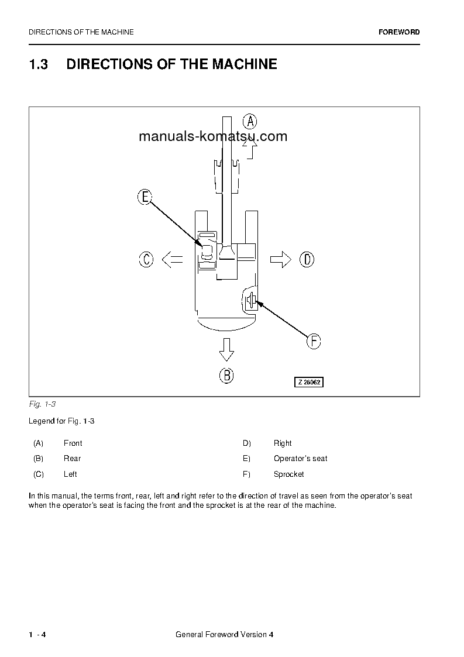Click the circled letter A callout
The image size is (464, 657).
click(250, 122)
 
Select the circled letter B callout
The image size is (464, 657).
click(226, 375)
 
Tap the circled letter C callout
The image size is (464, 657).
click(146, 259)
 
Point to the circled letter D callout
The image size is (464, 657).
click(307, 259)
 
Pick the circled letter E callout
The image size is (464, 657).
click(145, 197)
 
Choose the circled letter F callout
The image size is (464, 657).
click(314, 341)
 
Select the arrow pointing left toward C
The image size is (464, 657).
click(172, 259)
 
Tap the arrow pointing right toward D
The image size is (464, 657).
click(280, 259)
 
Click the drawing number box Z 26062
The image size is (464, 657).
click(308, 382)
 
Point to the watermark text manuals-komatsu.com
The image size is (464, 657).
click(213, 136)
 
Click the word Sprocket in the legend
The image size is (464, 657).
click(288, 474)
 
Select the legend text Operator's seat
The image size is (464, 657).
click(300, 459)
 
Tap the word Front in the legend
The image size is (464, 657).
click(73, 443)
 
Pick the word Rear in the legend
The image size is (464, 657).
click(72, 459)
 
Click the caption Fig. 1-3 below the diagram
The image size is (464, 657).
click(42, 404)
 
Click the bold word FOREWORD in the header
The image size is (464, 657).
click(399, 32)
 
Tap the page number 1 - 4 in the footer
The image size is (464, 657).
click(37, 635)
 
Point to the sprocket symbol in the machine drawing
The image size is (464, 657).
click(250, 301)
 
